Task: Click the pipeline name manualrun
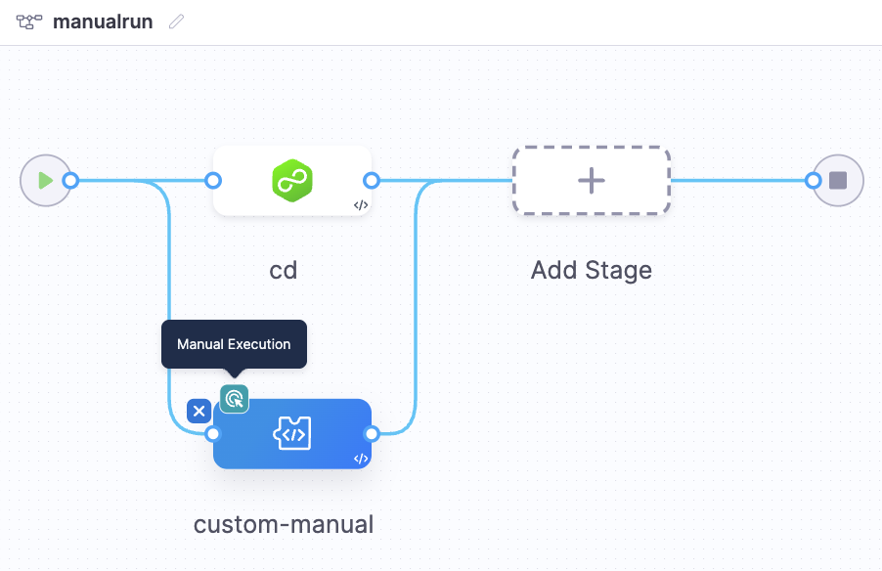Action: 103,22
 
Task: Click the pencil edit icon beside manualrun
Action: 176,22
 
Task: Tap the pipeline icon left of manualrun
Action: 28,22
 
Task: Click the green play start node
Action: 44,180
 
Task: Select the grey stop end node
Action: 838,180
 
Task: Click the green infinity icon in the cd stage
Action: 291,181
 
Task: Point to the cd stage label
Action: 284,270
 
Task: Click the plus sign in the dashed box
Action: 592,181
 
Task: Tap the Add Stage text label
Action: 592,270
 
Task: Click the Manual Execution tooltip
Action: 234,344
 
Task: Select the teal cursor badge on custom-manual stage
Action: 234,398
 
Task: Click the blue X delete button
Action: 199,411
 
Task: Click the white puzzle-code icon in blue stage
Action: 291,433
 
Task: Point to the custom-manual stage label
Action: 284,525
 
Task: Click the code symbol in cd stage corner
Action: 361,205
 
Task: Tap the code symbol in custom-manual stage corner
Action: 361,459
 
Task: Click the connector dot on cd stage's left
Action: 213,180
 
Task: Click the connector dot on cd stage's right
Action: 372,180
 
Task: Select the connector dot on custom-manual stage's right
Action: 372,433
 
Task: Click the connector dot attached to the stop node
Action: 813,180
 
